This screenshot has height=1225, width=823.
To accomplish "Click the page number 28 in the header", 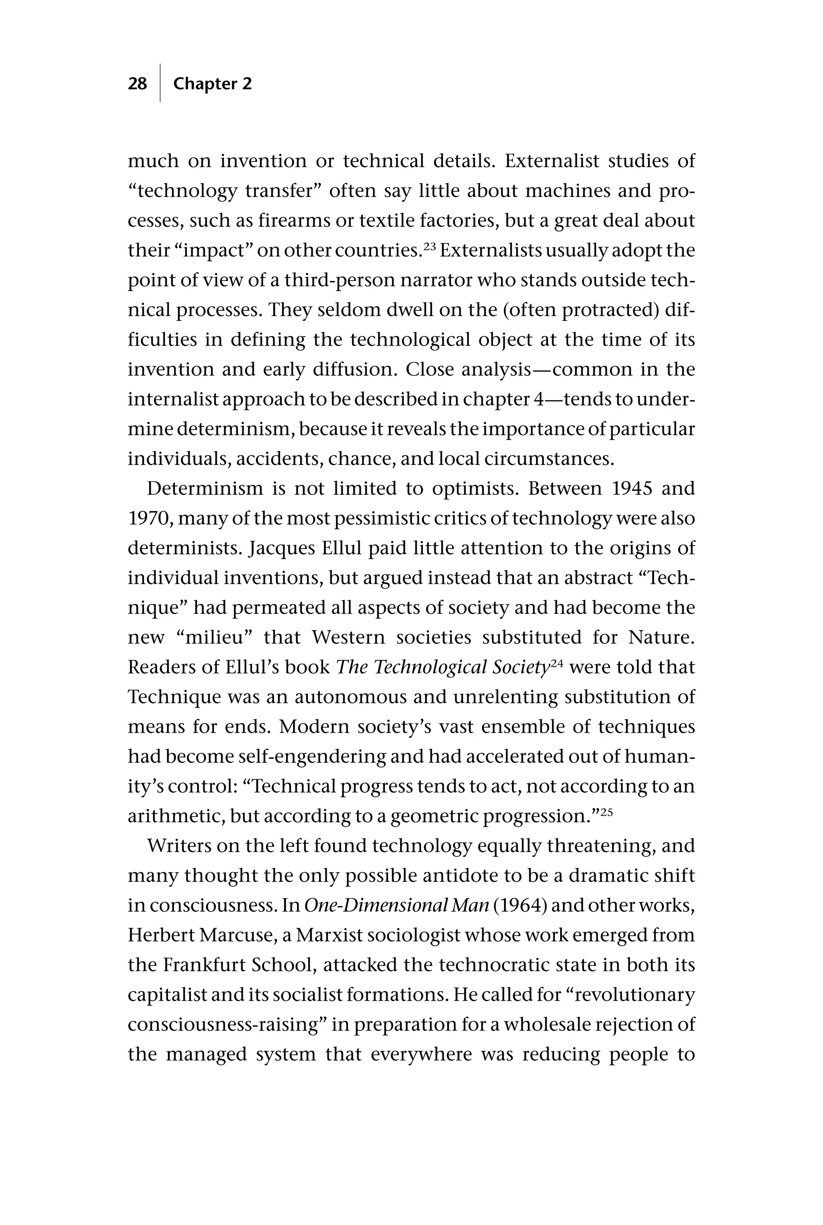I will [x=137, y=84].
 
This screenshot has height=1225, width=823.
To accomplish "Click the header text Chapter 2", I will [x=212, y=84].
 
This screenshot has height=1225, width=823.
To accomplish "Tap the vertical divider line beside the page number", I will [x=160, y=83].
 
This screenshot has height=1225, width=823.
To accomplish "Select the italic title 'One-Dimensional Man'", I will [x=397, y=905].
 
